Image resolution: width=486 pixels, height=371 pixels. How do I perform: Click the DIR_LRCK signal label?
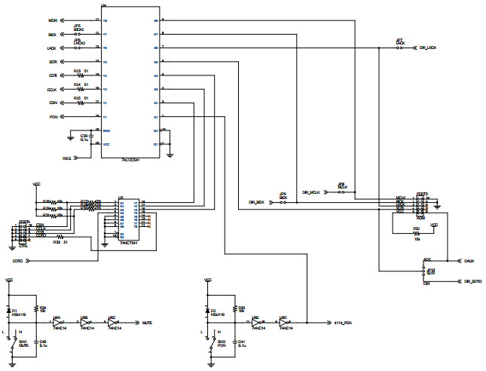pos(426,48)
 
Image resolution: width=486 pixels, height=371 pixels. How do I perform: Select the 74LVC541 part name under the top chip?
pos(130,161)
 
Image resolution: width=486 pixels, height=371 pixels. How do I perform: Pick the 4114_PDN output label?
pos(344,322)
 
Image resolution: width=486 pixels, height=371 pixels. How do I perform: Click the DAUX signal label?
pos(469,260)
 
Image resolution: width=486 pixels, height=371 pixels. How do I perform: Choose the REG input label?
pos(66,158)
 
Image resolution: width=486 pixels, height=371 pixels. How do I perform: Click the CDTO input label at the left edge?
pos(17,261)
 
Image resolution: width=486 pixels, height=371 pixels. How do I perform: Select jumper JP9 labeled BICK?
pos(283,201)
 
